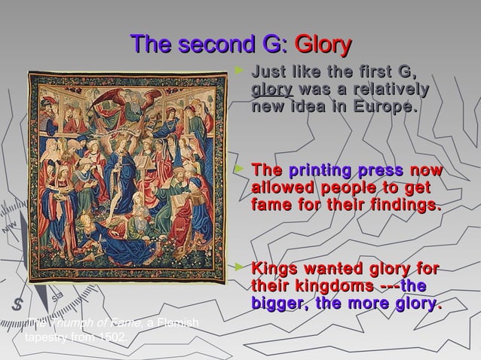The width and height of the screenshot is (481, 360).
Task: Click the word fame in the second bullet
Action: coord(268,204)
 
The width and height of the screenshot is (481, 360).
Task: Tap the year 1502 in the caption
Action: coord(111,337)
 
